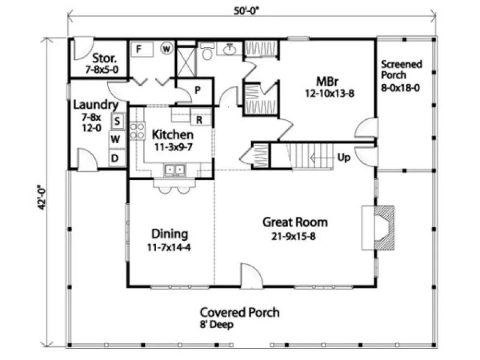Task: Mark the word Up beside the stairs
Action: point(343,158)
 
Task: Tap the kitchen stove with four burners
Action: point(137,131)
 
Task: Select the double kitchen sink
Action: point(174,170)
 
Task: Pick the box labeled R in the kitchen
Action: point(200,119)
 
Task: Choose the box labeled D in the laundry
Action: point(115,158)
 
